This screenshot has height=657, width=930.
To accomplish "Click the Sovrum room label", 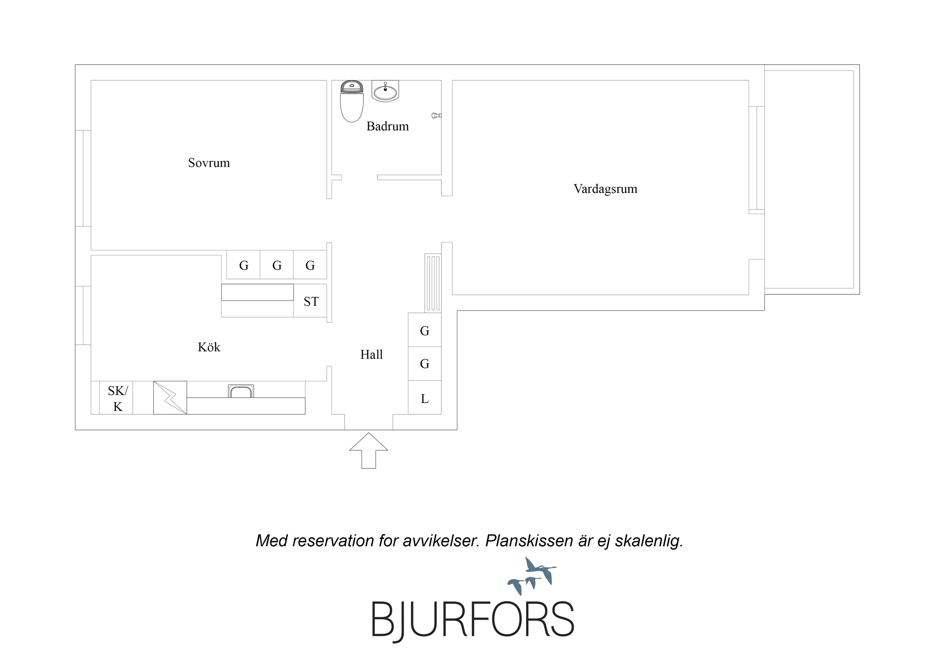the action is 209,163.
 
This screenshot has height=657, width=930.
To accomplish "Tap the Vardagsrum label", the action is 605,189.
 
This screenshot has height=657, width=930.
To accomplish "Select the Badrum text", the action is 388,126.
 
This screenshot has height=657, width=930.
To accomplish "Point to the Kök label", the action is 209,347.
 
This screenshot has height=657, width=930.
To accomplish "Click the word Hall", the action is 371,355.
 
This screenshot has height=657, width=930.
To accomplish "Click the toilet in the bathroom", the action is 352,101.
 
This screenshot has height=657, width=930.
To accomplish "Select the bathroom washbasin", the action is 385,91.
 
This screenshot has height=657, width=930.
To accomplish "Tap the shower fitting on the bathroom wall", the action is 436,115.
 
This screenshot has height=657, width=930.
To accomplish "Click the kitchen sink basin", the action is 241,391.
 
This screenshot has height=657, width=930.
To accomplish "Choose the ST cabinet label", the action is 311,302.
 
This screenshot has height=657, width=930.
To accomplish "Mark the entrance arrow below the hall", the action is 368,451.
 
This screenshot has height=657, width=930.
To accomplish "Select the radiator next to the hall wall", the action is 432,283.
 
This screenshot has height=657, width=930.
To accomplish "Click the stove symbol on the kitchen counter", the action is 170,397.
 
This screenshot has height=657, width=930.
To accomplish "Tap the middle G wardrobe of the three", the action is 277,265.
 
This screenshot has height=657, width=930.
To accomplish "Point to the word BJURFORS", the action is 473,620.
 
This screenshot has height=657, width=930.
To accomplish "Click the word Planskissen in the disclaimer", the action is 528,541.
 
